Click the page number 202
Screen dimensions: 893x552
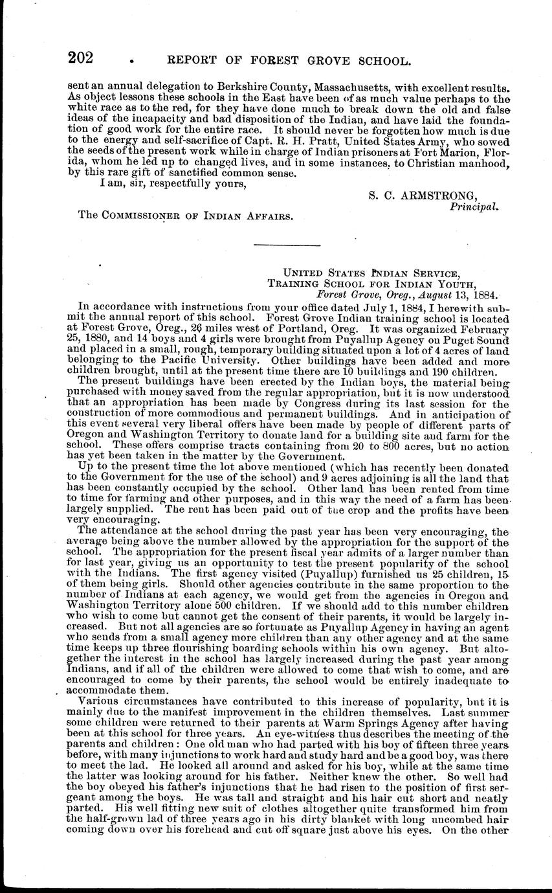pyautogui.click(x=82, y=58)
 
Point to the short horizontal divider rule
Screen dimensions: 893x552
pyautogui.click(x=287, y=245)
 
